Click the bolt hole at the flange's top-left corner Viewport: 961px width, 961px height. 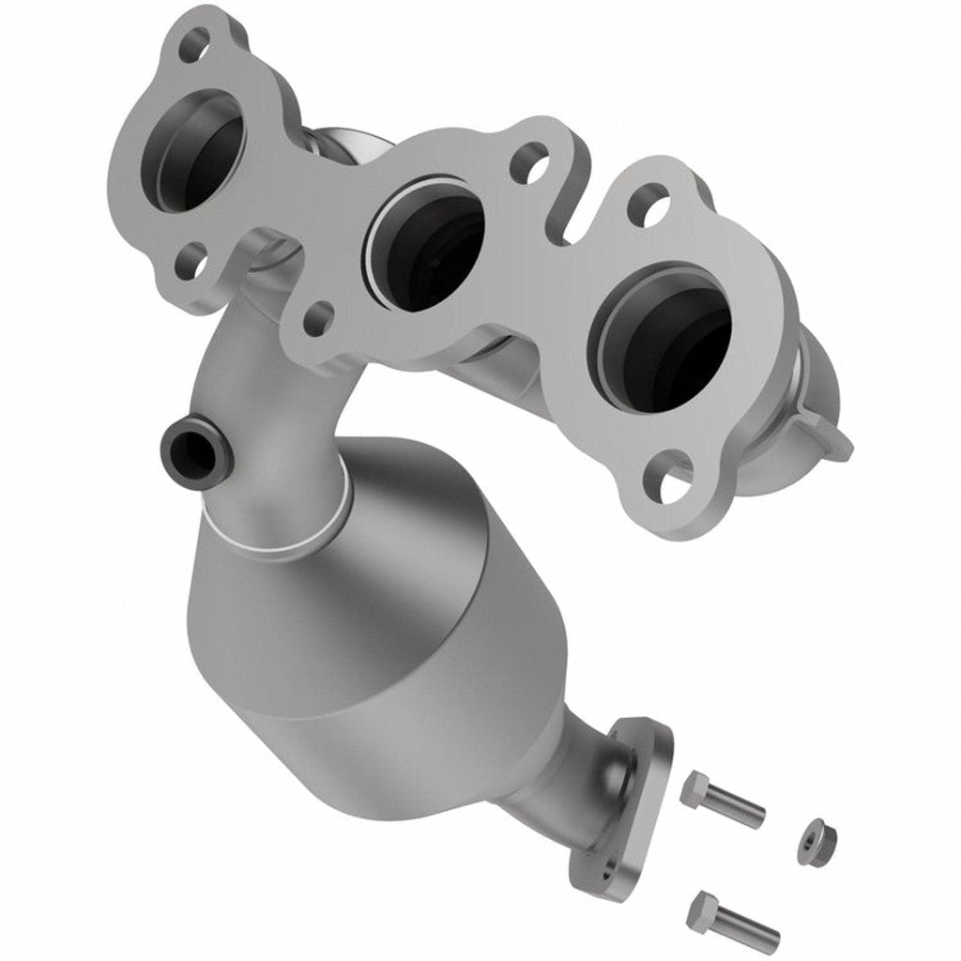click(x=195, y=41)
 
